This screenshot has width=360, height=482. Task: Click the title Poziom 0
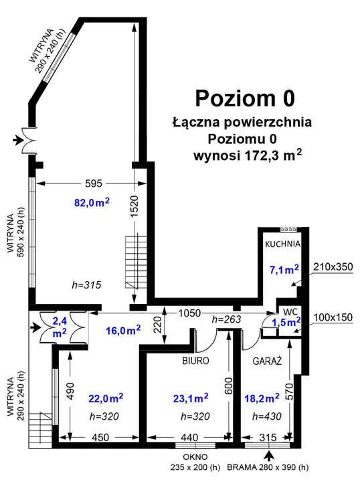245,98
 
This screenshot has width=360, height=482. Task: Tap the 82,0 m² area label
92,203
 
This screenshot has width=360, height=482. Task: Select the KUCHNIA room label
282,244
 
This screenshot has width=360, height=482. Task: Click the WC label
290,312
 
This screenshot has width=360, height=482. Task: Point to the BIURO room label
195,361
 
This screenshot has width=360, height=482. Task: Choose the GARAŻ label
267,361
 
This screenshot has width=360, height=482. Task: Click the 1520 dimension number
134,206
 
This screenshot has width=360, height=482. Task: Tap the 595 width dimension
94,183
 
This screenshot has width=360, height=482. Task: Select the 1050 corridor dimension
189,313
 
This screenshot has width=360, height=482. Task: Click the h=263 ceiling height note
226,320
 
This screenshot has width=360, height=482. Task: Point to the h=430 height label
266,416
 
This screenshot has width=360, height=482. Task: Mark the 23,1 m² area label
191,398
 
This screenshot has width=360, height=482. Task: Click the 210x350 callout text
333,266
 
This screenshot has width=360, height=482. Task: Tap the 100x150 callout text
333,317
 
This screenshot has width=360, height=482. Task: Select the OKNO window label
195,457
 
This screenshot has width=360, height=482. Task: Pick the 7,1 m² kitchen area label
284,270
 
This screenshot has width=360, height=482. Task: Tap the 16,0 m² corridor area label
123,331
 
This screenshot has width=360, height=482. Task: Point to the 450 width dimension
100,437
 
